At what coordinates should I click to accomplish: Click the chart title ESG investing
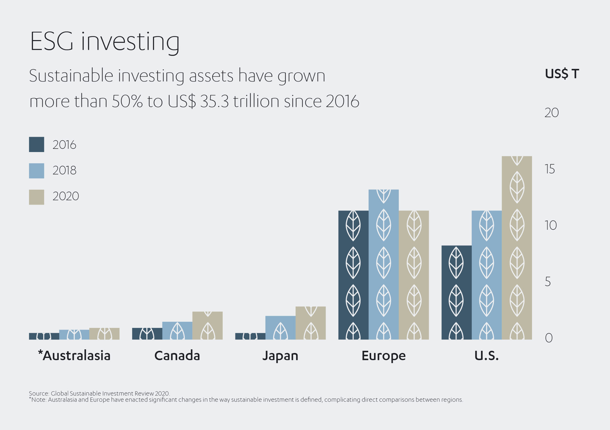click(x=105, y=42)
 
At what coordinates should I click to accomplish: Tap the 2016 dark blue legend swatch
click(x=36, y=145)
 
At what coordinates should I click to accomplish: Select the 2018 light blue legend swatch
click(x=36, y=171)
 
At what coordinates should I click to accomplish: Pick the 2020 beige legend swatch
click(x=36, y=197)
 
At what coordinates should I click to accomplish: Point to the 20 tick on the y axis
click(x=551, y=113)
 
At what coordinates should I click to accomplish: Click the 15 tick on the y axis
click(x=550, y=169)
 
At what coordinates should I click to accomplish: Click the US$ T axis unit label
click(x=562, y=74)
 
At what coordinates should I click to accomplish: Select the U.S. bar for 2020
click(x=517, y=247)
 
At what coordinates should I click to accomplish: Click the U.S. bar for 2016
click(x=456, y=292)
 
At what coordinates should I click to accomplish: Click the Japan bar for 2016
click(x=250, y=336)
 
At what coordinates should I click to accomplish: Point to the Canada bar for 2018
click(x=177, y=330)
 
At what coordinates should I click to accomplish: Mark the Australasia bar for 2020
click(x=104, y=334)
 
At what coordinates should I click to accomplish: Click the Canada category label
click(x=177, y=356)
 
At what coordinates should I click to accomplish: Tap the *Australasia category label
click(x=74, y=356)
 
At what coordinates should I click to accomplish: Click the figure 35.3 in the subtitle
click(x=214, y=101)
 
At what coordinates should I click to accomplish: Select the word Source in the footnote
click(x=38, y=393)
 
